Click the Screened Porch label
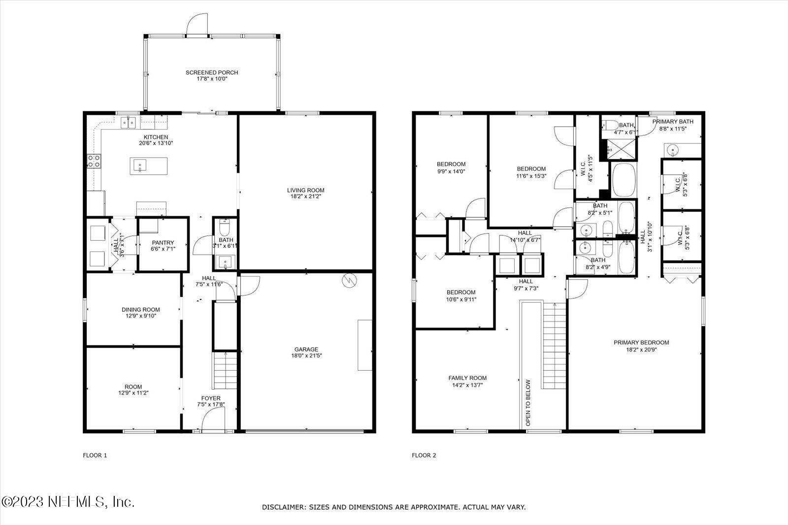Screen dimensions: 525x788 tap(212, 72)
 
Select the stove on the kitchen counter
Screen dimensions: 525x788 tap(94, 161)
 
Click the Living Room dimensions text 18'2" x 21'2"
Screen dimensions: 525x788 tap(306, 196)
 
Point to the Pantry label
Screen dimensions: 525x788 tap(163, 242)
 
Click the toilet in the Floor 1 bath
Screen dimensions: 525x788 tap(225, 228)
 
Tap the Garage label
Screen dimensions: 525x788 tap(306, 349)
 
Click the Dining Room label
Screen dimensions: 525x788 tap(141, 310)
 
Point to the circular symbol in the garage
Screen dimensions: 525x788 tap(349, 280)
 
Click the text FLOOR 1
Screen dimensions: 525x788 tap(95, 456)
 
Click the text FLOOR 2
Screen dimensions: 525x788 tap(424, 456)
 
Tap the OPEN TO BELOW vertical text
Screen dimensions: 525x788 tap(528, 402)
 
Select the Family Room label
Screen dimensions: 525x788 tap(467, 378)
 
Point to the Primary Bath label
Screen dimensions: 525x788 tap(673, 121)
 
